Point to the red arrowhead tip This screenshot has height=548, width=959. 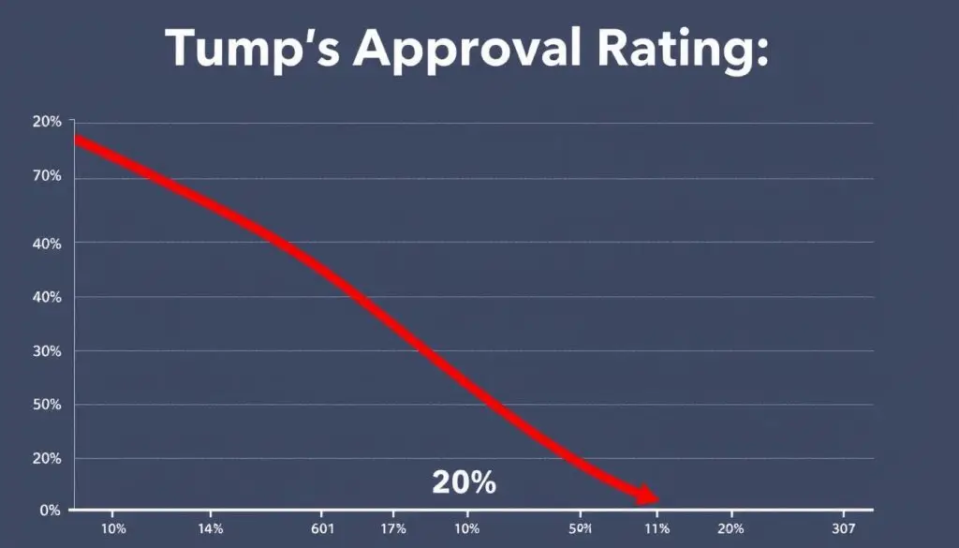657,499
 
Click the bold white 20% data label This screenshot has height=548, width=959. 464,482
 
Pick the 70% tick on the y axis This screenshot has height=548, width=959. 48,177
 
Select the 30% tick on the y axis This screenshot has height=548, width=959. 48,351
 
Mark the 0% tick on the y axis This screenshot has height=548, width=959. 51,511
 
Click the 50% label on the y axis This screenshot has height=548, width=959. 48,405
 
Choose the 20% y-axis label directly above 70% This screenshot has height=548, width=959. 48,123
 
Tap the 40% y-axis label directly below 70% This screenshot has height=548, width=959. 48,244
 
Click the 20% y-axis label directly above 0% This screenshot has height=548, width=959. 48,458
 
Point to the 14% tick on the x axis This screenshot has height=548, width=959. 211,529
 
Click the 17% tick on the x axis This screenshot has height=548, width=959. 393,529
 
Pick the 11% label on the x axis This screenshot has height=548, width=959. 657,529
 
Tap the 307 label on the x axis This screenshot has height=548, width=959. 843,529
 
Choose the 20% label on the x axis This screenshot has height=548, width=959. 730,529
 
